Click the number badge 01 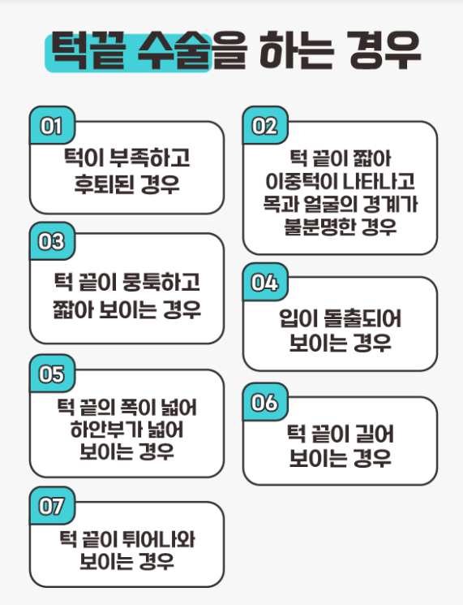[x=52, y=125]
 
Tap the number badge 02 [x=265, y=125]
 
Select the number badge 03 [x=52, y=241]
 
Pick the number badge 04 [x=265, y=282]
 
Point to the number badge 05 [x=52, y=374]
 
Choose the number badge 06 [x=265, y=402]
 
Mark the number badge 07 [x=52, y=506]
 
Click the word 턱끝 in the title [x=88, y=50]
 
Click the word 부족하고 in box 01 [x=150, y=158]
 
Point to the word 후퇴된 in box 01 [x=105, y=184]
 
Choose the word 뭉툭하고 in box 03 [x=161, y=282]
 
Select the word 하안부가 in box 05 [x=99, y=429]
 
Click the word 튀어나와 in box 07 [x=159, y=539]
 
